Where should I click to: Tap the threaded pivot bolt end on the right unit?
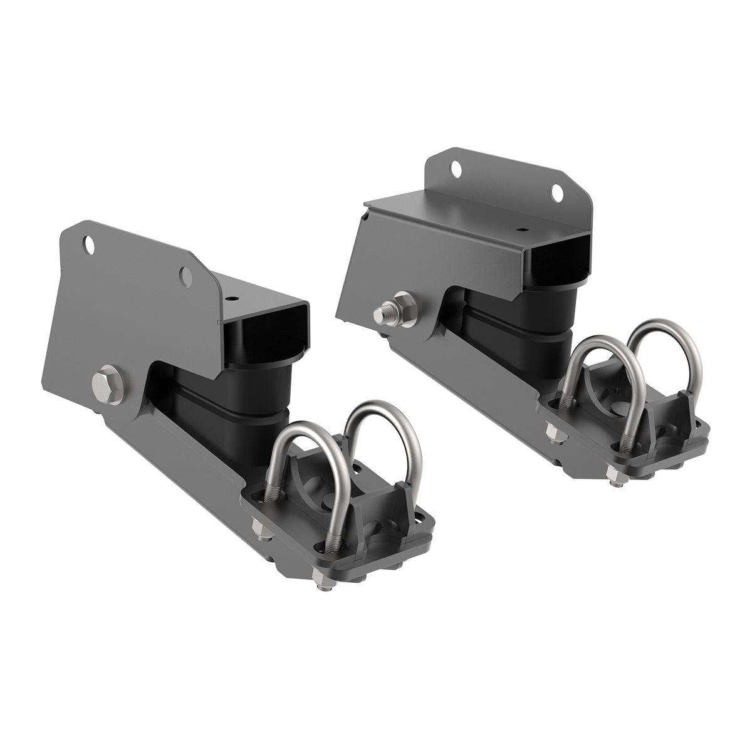382,310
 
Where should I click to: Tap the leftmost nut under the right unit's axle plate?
553,433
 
